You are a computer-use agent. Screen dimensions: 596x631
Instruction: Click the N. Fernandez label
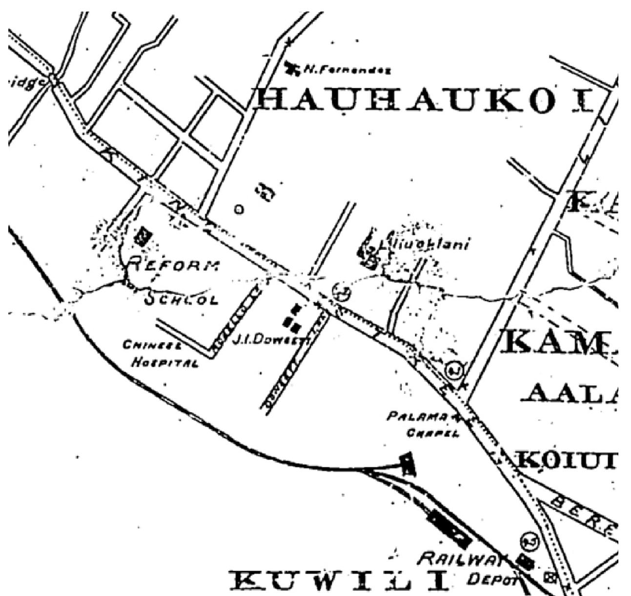pos(347,70)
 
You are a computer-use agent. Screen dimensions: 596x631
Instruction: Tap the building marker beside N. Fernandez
pos(293,69)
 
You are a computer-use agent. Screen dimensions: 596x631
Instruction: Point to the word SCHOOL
pos(181,298)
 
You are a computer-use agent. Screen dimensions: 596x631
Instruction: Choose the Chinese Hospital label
pos(160,354)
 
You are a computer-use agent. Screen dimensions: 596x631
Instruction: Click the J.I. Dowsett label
pos(266,339)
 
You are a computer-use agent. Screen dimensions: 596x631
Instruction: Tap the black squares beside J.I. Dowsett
pos(292,316)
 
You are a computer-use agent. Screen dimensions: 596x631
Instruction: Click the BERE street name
pos(583,516)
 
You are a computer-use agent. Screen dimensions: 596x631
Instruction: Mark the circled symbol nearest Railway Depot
pos(529,541)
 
